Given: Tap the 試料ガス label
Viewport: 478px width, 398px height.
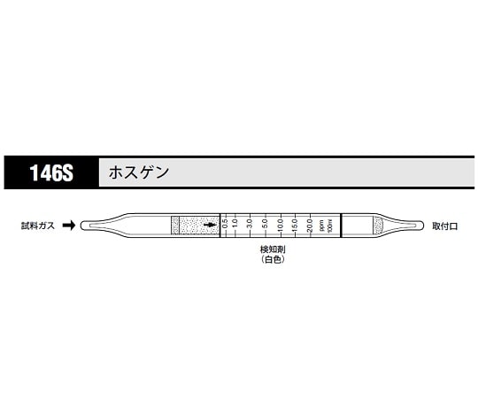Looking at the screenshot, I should coord(38,226).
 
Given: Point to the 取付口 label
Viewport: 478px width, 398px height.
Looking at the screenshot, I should coord(445,226).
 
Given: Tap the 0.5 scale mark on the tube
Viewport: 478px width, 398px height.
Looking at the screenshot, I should coord(225,226).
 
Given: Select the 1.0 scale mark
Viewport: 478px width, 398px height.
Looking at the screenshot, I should coord(235,226).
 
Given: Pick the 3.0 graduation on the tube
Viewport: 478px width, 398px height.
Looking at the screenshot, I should coord(251,226).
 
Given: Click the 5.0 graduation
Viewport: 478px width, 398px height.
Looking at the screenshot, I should coord(265,226).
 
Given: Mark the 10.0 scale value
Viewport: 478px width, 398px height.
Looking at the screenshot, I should coord(280,226).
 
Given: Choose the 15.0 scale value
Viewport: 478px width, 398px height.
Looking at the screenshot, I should coord(295,226).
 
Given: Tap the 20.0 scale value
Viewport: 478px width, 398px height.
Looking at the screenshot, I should coord(309,226).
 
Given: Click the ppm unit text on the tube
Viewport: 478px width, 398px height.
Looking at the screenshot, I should coord(320,226).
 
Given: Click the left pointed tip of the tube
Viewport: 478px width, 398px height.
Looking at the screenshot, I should coord(86,226).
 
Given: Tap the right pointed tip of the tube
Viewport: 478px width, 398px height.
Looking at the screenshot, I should coord(415,226).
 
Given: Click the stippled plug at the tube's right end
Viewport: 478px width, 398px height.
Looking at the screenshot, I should coord(378,226).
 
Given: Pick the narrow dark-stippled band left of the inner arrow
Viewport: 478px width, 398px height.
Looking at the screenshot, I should coord(174,226).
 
